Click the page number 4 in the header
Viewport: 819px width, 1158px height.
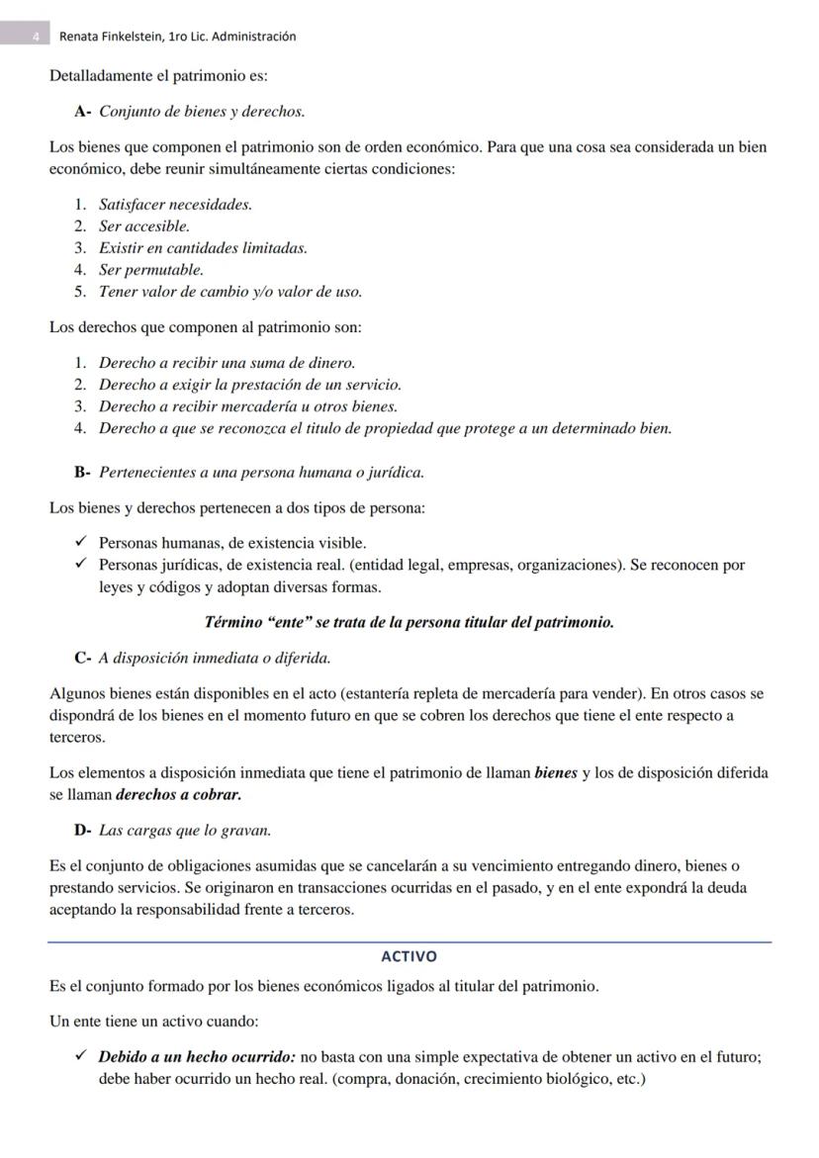point(36,37)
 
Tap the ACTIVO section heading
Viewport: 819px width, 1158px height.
point(409,956)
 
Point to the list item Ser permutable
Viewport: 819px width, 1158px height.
point(150,270)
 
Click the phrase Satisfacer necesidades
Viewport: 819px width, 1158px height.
point(175,205)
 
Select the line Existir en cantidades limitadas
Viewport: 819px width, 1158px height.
point(202,248)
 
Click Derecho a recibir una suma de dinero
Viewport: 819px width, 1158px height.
point(227,363)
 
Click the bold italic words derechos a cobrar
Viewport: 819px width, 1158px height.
point(178,794)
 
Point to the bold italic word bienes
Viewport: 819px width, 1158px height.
point(555,772)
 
